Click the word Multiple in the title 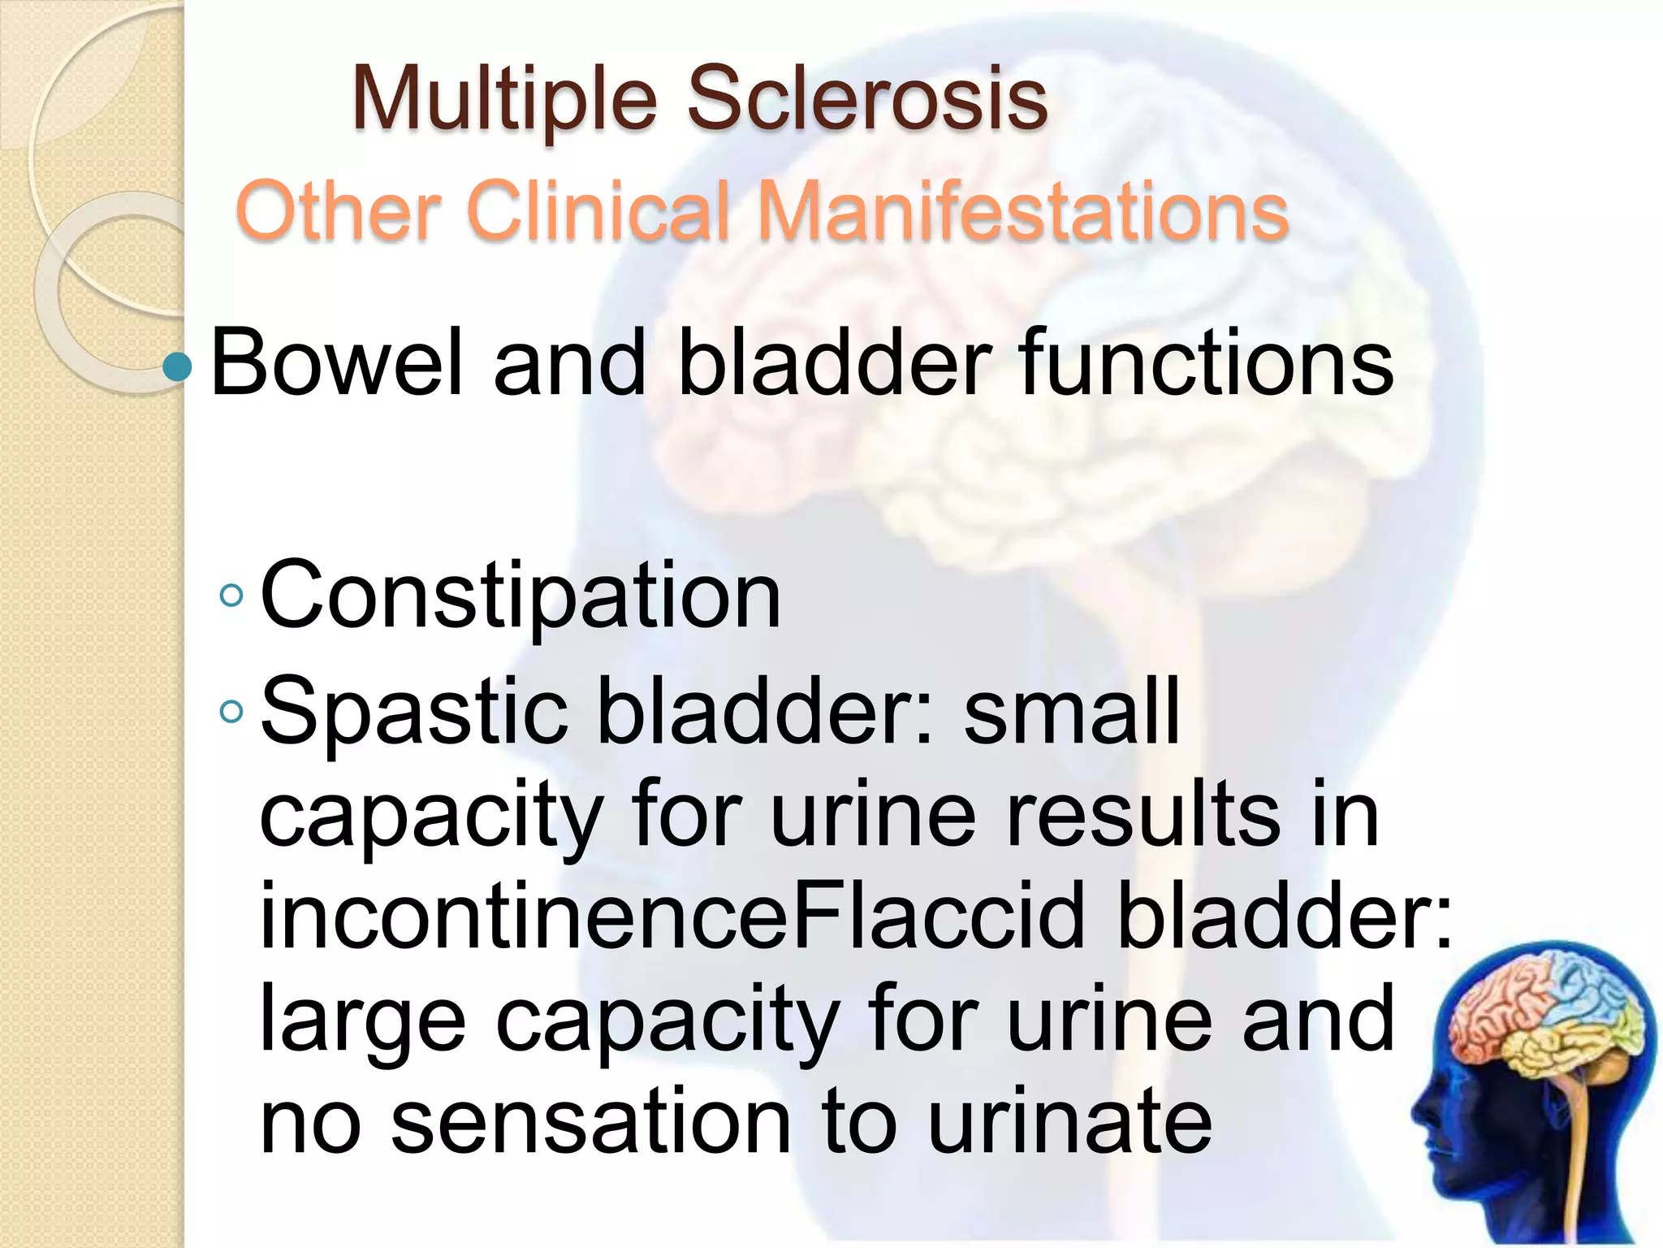point(503,100)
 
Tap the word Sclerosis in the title point(867,98)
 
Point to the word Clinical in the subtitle point(599,211)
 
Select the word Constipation point(520,596)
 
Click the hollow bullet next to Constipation point(231,596)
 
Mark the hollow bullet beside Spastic point(231,712)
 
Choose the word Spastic point(413,712)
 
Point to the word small point(1071,712)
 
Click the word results point(1144,815)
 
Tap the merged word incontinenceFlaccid point(672,916)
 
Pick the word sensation point(590,1123)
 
